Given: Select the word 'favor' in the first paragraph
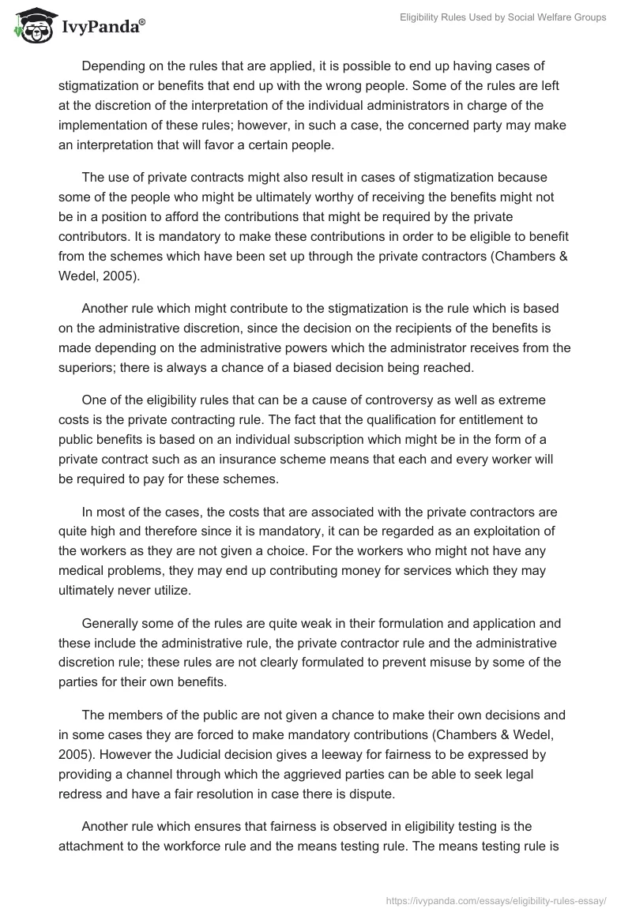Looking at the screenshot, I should click(261, 145).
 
